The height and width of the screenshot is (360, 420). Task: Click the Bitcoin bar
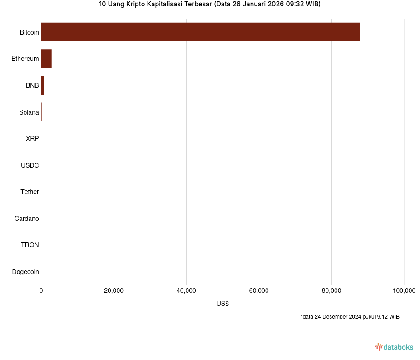coord(200,32)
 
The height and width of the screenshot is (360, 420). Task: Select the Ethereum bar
coord(46,59)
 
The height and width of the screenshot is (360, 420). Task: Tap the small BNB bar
coord(43,85)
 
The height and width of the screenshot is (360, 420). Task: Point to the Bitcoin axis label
coord(29,32)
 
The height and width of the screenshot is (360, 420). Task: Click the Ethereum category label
coord(25,59)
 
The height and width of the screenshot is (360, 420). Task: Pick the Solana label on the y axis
coord(29,112)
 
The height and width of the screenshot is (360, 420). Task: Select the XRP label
coord(32,139)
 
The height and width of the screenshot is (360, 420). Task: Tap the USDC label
coord(30,165)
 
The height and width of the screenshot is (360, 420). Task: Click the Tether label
coord(30,192)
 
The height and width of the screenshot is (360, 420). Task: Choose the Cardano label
coord(27,219)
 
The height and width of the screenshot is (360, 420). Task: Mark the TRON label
coord(30,245)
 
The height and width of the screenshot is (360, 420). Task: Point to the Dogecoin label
coord(25,272)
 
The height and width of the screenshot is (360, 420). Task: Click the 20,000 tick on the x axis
coord(114,291)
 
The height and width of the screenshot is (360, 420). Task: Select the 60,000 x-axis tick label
coord(259,291)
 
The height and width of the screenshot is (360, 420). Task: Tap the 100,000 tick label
coord(404,291)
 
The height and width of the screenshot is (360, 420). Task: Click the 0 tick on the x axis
coord(41,291)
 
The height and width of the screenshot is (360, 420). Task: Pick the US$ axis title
coord(222,304)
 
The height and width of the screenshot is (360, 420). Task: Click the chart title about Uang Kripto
coord(210,5)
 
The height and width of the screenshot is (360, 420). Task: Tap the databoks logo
coord(394,347)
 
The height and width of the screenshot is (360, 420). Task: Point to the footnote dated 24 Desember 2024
coord(350,316)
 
